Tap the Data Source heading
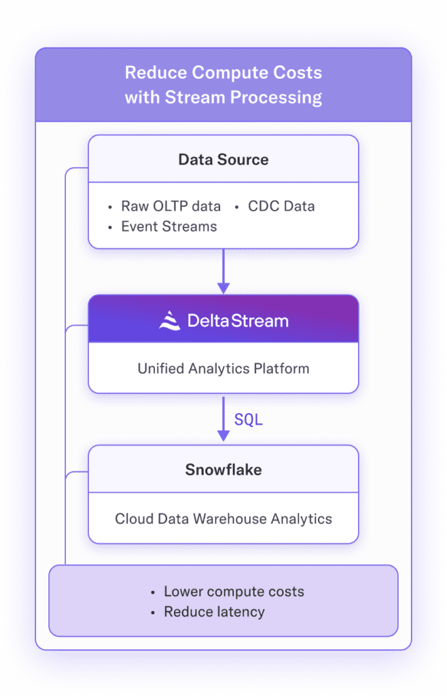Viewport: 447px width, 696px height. pyautogui.click(x=224, y=160)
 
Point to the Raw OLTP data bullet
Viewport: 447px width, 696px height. pyautogui.click(x=171, y=206)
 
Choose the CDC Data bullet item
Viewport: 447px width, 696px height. pyautogui.click(x=281, y=206)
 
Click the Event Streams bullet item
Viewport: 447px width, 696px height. pyautogui.click(x=168, y=227)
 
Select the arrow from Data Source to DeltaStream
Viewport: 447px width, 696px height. pyautogui.click(x=224, y=271)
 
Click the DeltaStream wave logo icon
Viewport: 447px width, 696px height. pyautogui.click(x=170, y=320)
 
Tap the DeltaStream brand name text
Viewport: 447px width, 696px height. pyautogui.click(x=238, y=320)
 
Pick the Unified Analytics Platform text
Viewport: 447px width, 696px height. pyautogui.click(x=224, y=369)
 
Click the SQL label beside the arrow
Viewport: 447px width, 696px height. pyautogui.click(x=249, y=420)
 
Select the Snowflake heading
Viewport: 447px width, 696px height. pyautogui.click(x=224, y=470)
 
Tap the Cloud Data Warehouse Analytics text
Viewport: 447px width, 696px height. pyautogui.click(x=224, y=519)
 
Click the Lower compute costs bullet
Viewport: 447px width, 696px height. pyautogui.click(x=234, y=591)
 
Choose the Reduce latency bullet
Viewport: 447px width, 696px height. pyautogui.click(x=214, y=612)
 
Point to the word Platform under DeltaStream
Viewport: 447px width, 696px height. pyautogui.click(x=283, y=369)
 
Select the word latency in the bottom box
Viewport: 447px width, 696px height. pyautogui.click(x=238, y=612)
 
